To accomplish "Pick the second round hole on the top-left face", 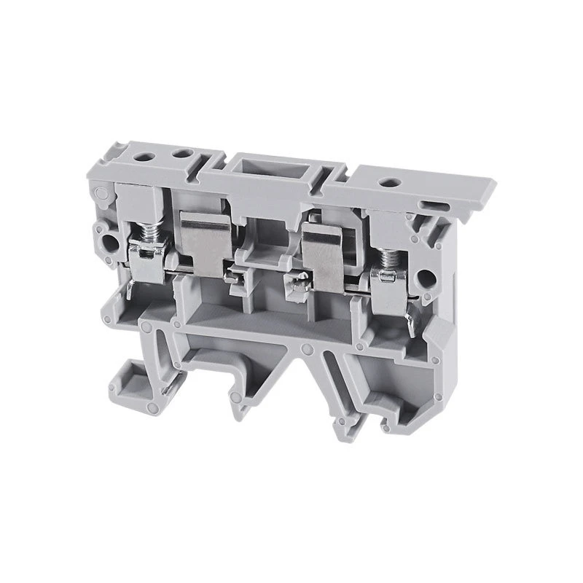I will coord(178,155).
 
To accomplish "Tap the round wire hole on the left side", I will coord(111,241).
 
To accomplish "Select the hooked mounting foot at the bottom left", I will coord(128,378).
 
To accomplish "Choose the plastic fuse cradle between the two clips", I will coord(265,255).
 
